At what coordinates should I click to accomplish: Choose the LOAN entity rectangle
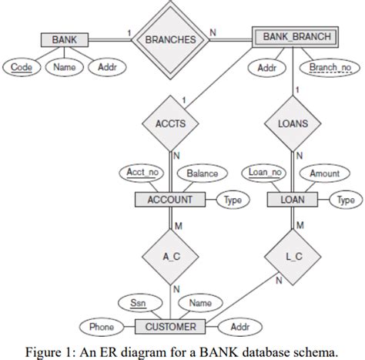[293, 199]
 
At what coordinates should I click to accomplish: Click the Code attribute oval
[22, 68]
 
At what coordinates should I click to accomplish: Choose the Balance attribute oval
[203, 173]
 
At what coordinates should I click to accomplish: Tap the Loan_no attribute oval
[263, 173]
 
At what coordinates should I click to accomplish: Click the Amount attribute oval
[324, 173]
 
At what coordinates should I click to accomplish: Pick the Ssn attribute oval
[139, 303]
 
